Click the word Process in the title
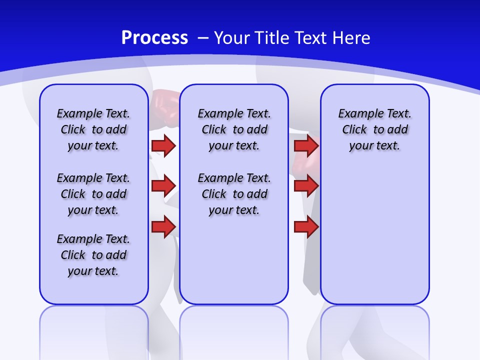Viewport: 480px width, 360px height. [x=154, y=38]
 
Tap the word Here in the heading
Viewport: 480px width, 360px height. [x=351, y=38]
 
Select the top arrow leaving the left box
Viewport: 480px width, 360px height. [x=163, y=145]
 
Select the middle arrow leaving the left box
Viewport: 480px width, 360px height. [x=163, y=186]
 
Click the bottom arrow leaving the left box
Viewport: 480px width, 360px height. [x=163, y=227]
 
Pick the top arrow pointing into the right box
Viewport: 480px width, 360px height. [x=306, y=145]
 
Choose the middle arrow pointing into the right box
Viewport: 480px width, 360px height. [x=306, y=186]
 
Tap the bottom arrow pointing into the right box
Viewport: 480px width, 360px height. [x=306, y=227]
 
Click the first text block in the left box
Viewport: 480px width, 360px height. [x=93, y=129]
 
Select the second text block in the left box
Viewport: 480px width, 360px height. [x=93, y=194]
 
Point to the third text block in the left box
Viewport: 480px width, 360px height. [x=93, y=255]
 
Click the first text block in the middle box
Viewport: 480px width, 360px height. [x=234, y=129]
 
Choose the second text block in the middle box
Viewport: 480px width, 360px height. [x=234, y=194]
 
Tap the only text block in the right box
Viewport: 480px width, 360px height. [x=374, y=129]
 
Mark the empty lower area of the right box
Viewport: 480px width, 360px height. [x=374, y=235]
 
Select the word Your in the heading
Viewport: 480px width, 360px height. [x=232, y=38]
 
